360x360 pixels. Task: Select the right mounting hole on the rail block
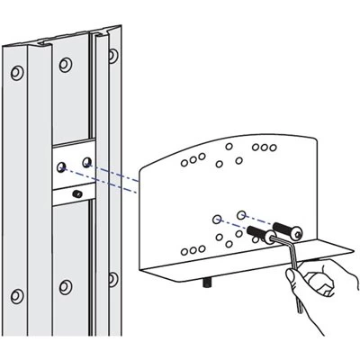[86, 162]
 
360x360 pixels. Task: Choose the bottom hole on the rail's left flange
[17, 294]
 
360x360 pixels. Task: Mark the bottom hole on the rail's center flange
[64, 287]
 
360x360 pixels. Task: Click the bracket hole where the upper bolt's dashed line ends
[241, 212]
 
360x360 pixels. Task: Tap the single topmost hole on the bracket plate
[230, 146]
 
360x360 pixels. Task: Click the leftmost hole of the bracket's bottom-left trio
[184, 251]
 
